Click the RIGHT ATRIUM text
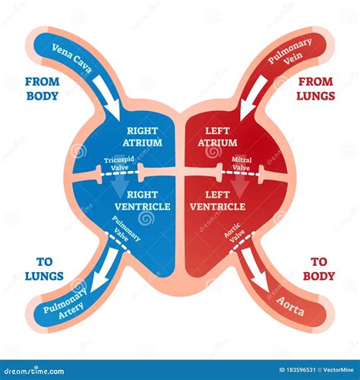141,137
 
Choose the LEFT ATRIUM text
219,137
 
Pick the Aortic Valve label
236,230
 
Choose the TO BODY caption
318,268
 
